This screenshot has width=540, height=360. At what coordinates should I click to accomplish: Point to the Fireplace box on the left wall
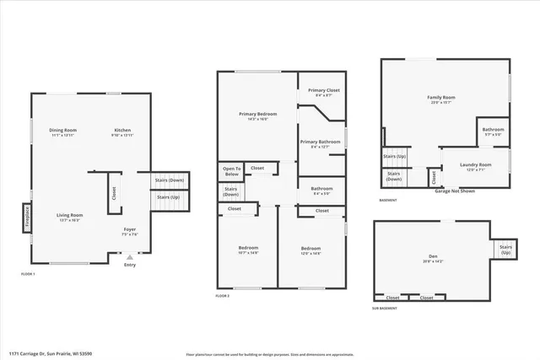coord(25,217)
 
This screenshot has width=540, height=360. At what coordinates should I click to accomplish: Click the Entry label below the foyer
coord(129,266)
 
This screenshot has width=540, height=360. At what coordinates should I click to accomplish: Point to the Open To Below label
coord(232,171)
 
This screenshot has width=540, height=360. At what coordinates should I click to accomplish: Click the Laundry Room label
coord(476,165)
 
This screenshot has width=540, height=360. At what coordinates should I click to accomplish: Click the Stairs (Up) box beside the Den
coord(505,250)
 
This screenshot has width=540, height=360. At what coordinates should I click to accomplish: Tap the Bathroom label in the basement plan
coord(494,132)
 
